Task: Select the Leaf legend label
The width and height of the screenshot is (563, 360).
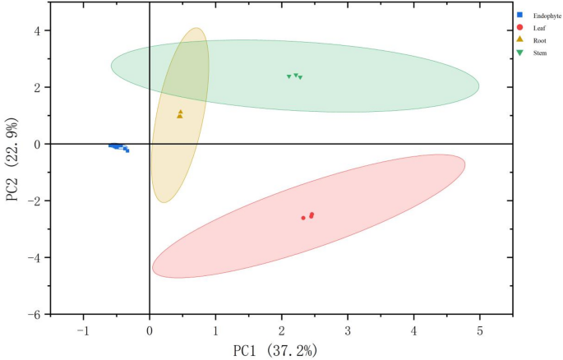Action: [539, 28]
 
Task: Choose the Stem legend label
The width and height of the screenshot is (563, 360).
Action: [540, 52]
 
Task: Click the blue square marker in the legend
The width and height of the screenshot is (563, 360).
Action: [520, 16]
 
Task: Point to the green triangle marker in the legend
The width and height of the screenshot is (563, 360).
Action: [520, 52]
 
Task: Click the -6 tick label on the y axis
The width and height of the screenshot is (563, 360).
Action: [35, 315]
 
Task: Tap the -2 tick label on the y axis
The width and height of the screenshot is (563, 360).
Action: [35, 201]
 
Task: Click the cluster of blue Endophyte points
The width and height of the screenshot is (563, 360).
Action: [118, 147]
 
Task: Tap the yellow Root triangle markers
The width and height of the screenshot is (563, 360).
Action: [180, 114]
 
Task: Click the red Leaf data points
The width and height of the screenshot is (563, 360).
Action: [309, 216]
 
